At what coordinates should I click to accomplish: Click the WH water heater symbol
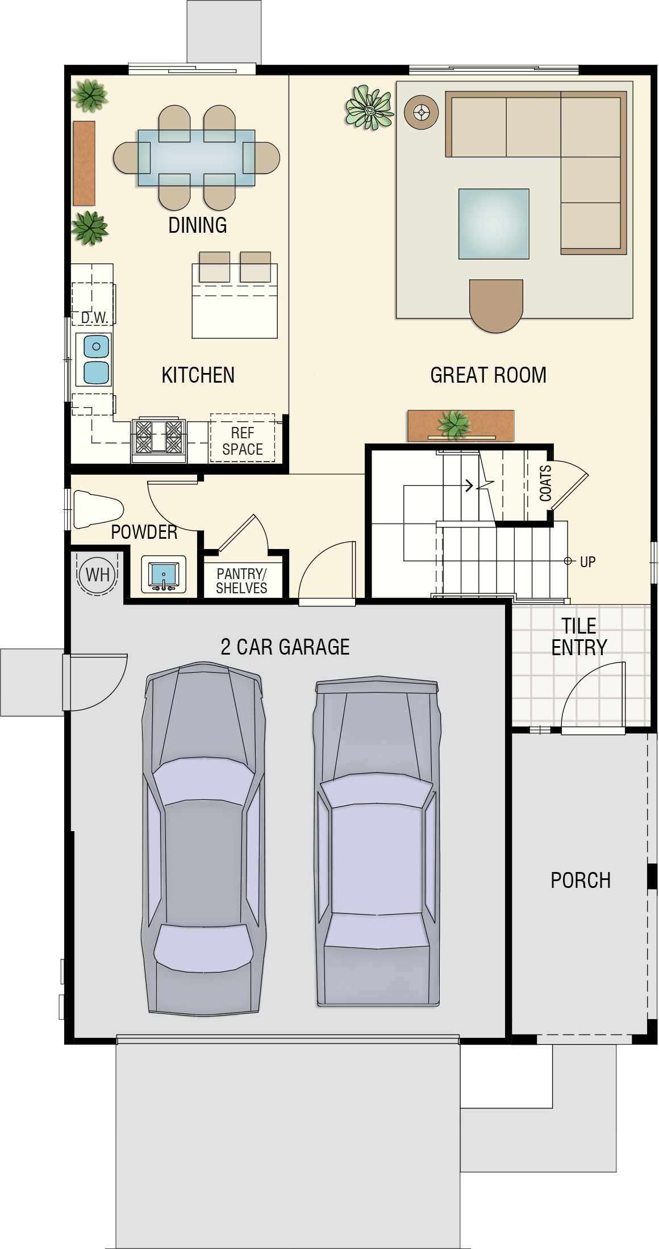(x=97, y=574)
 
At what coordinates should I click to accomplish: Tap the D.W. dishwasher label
(x=94, y=317)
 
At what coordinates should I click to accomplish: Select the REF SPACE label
(x=243, y=441)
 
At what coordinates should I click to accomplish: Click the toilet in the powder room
(x=98, y=509)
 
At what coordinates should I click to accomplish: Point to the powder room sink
(x=164, y=575)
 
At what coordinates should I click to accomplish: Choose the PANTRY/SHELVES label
(x=241, y=581)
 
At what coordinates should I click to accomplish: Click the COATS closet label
(x=545, y=483)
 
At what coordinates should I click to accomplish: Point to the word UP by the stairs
(x=587, y=562)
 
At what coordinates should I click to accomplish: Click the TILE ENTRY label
(x=579, y=636)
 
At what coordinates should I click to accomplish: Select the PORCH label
(x=581, y=881)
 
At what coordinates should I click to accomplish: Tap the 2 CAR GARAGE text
(x=285, y=647)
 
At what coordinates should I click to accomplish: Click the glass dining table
(x=196, y=158)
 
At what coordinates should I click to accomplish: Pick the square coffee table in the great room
(x=494, y=224)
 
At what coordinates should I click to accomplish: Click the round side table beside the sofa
(x=422, y=112)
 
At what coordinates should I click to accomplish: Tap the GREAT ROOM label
(x=489, y=375)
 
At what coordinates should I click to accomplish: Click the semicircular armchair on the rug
(x=496, y=305)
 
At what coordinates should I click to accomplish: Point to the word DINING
(x=198, y=225)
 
